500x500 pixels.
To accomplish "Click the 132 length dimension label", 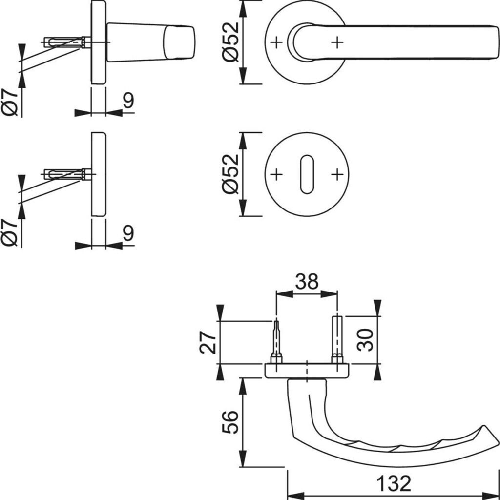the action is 394,483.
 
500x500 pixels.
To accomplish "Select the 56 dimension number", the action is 230,422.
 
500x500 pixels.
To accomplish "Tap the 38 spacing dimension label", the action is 307,281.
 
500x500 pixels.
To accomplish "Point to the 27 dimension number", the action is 208,343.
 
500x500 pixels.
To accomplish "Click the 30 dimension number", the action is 365,340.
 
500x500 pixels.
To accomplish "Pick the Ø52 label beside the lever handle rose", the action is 230,42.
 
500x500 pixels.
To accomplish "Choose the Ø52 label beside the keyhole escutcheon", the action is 230,174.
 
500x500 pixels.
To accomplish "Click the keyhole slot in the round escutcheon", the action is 307,174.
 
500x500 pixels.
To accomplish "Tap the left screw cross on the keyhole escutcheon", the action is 276,174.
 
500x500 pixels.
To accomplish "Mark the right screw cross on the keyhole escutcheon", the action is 337,174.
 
